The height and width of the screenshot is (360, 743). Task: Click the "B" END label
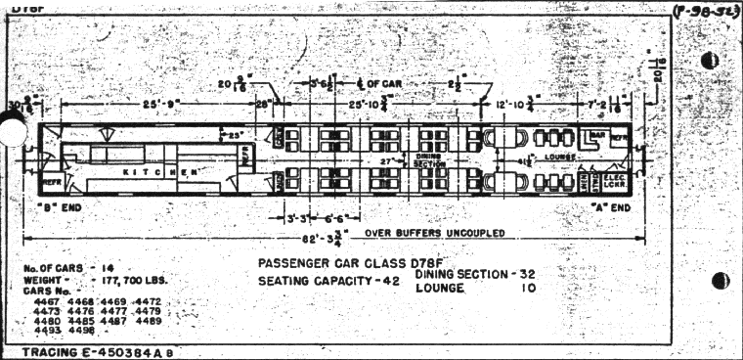pos(56,206)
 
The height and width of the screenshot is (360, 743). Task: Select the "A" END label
pos(615,206)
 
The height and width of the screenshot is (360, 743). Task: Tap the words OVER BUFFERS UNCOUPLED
pos(434,233)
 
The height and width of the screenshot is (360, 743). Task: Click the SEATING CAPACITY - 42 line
pos(330,282)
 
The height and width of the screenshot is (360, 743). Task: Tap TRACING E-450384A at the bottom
pos(98,350)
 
